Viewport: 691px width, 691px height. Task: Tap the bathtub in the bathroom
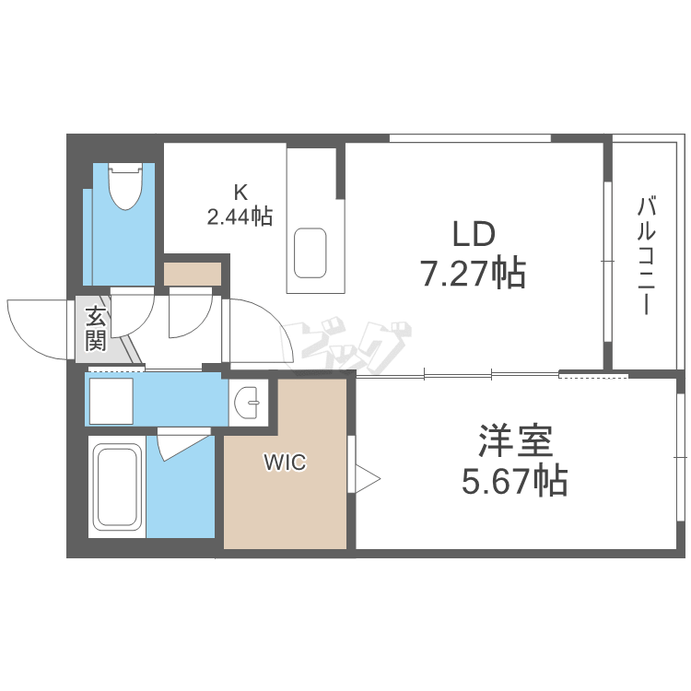tap(117, 489)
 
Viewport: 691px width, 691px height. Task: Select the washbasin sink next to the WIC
tap(249, 404)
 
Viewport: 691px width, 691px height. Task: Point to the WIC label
tap(285, 463)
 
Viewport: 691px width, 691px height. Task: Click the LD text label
tap(474, 234)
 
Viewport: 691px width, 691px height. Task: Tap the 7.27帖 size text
tap(474, 274)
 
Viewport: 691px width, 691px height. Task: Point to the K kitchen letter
tap(240, 193)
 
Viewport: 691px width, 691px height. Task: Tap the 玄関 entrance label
tap(96, 329)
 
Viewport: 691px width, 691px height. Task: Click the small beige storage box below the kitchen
tap(193, 274)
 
